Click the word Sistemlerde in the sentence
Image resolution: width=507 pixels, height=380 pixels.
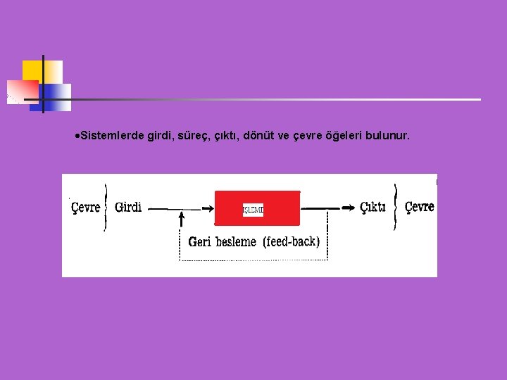point(112,134)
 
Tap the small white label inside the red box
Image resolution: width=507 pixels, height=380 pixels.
point(253,210)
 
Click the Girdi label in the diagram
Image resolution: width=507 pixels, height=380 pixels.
point(128,207)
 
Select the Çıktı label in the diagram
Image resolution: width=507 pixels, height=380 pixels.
point(373,207)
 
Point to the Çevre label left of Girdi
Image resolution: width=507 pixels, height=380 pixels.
point(86,208)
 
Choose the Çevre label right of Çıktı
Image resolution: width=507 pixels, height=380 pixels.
point(420,206)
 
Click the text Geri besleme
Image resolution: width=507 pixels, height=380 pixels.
point(222,242)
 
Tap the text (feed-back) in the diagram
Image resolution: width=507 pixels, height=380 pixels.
point(292,241)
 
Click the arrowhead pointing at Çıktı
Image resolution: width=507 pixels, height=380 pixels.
point(349,208)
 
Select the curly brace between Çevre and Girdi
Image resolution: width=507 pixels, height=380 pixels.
point(106,207)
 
